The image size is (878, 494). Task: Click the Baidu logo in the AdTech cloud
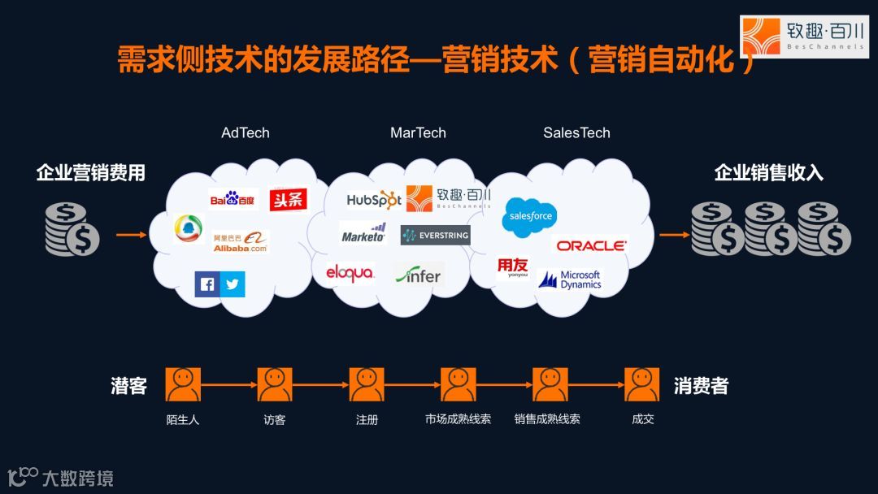click(x=233, y=199)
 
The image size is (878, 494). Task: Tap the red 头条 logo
click(x=288, y=199)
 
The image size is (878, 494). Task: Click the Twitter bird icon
click(x=233, y=284)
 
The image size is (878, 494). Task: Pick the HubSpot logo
click(x=374, y=199)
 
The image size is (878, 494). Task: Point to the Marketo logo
click(x=363, y=234)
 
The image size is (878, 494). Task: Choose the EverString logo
click(x=435, y=236)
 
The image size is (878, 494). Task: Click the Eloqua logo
click(x=350, y=273)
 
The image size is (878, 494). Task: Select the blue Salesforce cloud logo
click(x=530, y=215)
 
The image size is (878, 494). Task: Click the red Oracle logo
click(x=591, y=245)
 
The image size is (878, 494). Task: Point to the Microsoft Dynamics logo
click(x=571, y=280)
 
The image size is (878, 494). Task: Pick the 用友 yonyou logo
click(x=512, y=268)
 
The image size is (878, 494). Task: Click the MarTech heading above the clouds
click(x=418, y=132)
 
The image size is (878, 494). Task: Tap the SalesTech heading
click(x=576, y=132)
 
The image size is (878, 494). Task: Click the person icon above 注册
click(x=367, y=384)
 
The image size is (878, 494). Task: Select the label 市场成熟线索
click(x=458, y=420)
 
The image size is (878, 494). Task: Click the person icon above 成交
click(x=641, y=384)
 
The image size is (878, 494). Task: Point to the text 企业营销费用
click(x=90, y=173)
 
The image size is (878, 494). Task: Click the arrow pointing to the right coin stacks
click(x=672, y=236)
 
